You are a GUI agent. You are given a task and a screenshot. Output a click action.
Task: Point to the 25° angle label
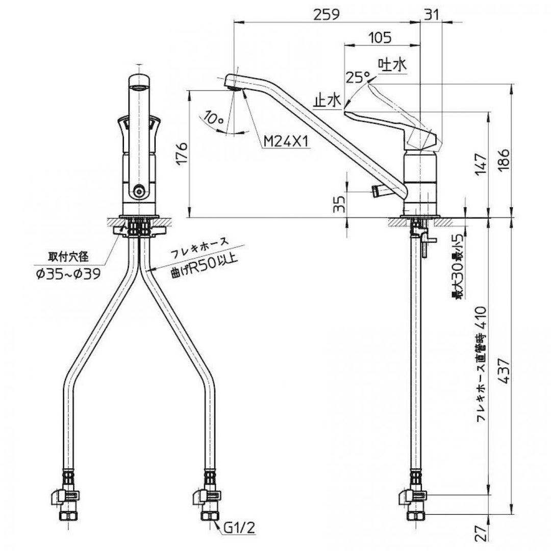pyautogui.click(x=357, y=77)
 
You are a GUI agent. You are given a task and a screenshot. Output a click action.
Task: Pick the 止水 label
pyautogui.click(x=327, y=101)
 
